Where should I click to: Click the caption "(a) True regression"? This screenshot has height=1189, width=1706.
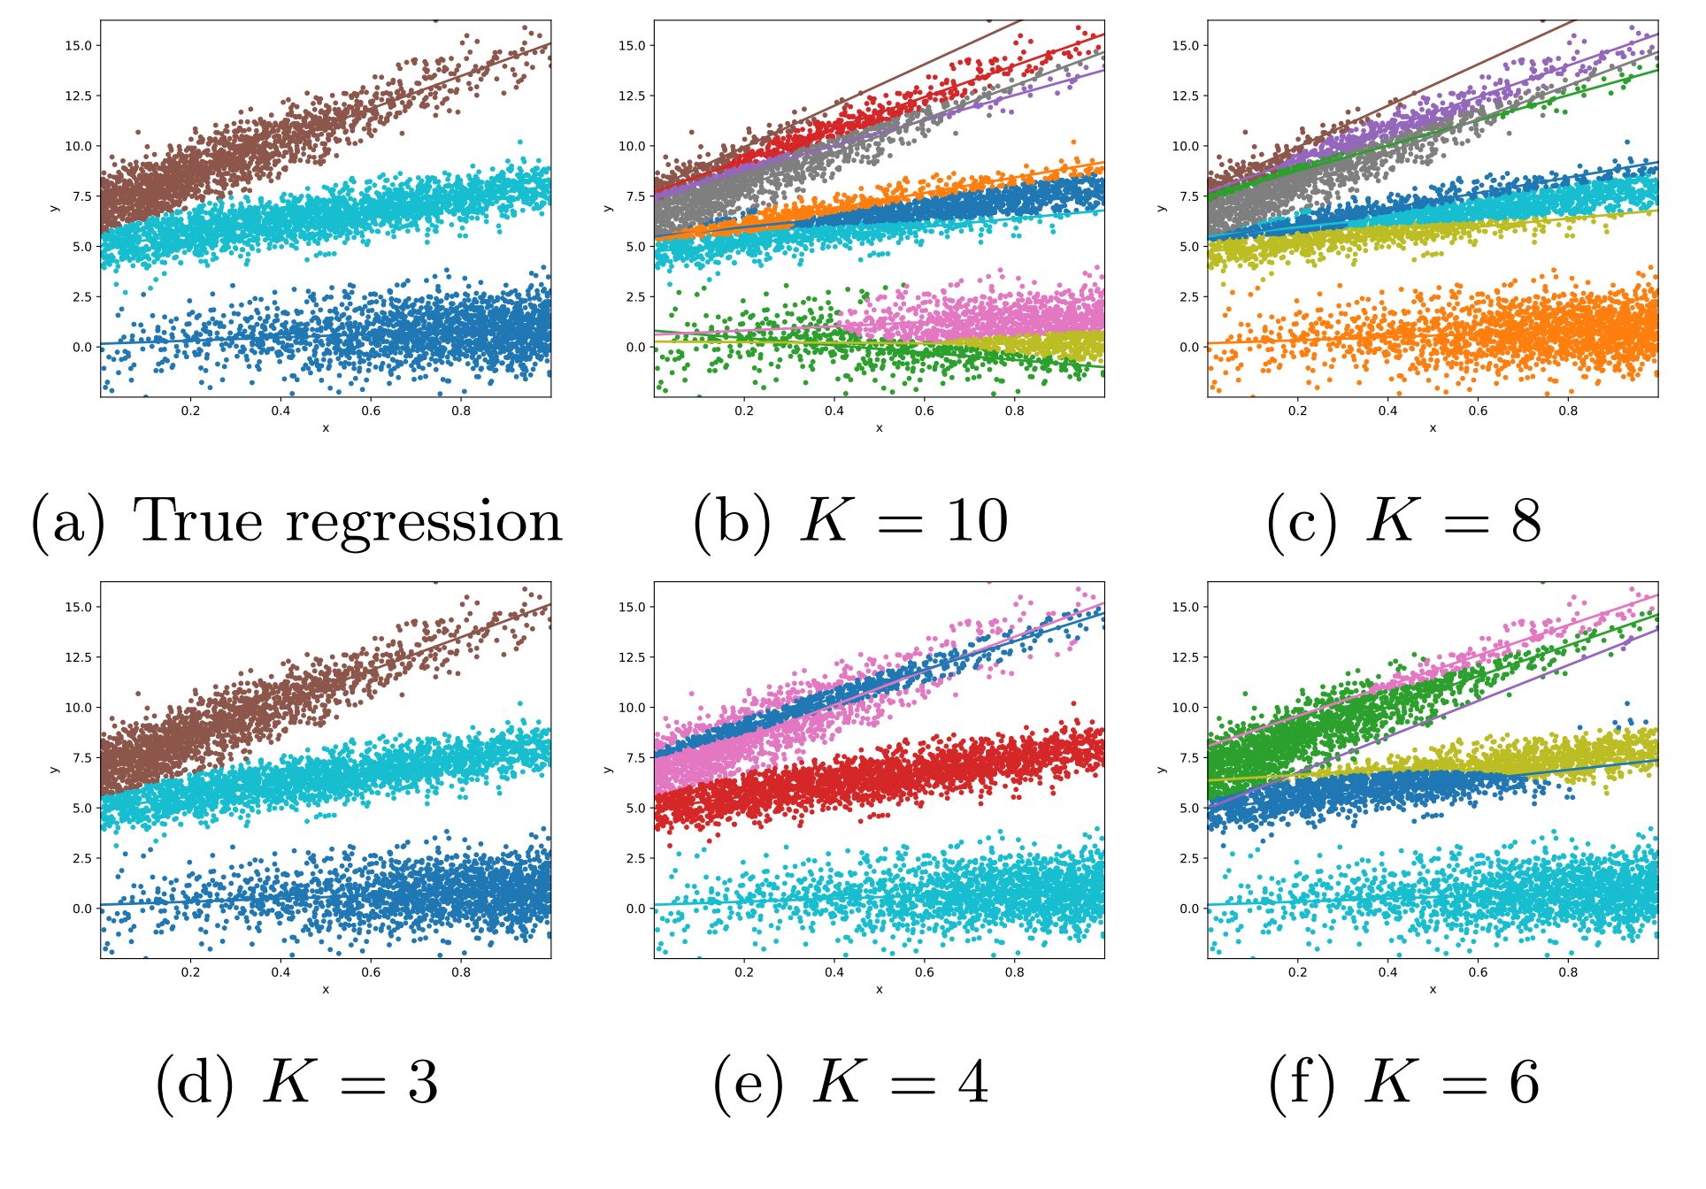[x=297, y=521]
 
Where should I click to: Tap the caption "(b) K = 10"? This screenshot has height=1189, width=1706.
[x=850, y=521]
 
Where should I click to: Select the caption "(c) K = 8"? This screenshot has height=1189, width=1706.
[x=1404, y=521]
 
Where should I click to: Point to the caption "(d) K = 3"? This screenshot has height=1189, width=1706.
[x=297, y=1082]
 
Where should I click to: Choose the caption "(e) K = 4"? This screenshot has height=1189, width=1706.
[x=850, y=1082]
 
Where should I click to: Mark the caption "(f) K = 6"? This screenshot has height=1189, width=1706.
[x=1404, y=1082]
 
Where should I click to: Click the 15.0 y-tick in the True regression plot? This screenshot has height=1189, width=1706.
[x=78, y=45]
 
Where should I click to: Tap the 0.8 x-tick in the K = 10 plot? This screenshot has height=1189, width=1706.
[x=1014, y=410]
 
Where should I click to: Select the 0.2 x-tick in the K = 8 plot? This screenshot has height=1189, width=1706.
[x=1297, y=410]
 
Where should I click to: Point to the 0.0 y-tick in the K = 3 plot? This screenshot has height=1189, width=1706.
[x=81, y=909]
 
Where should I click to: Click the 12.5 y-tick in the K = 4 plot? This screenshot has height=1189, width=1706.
[x=632, y=657]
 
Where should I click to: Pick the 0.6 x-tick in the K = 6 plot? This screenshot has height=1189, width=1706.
[x=1478, y=972]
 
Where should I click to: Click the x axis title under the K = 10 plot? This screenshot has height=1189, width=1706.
[x=879, y=428]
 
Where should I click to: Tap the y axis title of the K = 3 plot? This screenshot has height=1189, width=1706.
[x=55, y=770]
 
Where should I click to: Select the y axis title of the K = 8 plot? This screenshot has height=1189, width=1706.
[x=1162, y=208]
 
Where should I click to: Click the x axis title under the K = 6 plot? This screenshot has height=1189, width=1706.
[x=1433, y=990]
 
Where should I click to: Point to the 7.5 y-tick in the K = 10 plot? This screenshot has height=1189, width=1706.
[x=635, y=196]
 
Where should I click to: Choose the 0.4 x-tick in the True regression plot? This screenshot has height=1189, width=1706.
[x=280, y=410]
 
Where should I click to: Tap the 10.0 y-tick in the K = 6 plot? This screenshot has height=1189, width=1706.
[x=1186, y=708]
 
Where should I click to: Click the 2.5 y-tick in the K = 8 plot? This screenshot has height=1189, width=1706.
[x=1189, y=296]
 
